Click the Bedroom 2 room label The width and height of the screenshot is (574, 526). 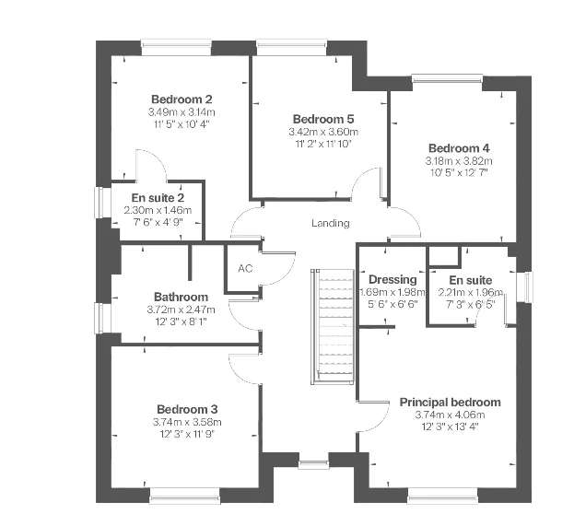[182, 99]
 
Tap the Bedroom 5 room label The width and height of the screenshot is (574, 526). [323, 119]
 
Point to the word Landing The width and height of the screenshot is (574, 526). [330, 223]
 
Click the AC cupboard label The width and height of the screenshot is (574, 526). [245, 269]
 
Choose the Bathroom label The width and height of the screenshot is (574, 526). [181, 297]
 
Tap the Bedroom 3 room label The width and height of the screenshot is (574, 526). [187, 409]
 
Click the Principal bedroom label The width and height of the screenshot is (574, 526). [450, 402]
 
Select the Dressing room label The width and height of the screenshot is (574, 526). [392, 280]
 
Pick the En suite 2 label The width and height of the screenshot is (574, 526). [158, 197]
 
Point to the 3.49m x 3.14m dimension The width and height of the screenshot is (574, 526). [182, 111]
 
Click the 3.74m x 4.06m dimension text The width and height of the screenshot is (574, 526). [450, 415]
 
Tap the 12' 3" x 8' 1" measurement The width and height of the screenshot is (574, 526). [181, 321]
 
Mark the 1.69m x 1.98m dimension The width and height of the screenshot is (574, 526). [392, 292]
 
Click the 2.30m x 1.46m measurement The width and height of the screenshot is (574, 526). [158, 209]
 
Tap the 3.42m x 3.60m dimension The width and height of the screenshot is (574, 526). [323, 132]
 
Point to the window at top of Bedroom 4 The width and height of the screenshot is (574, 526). [447, 79]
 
